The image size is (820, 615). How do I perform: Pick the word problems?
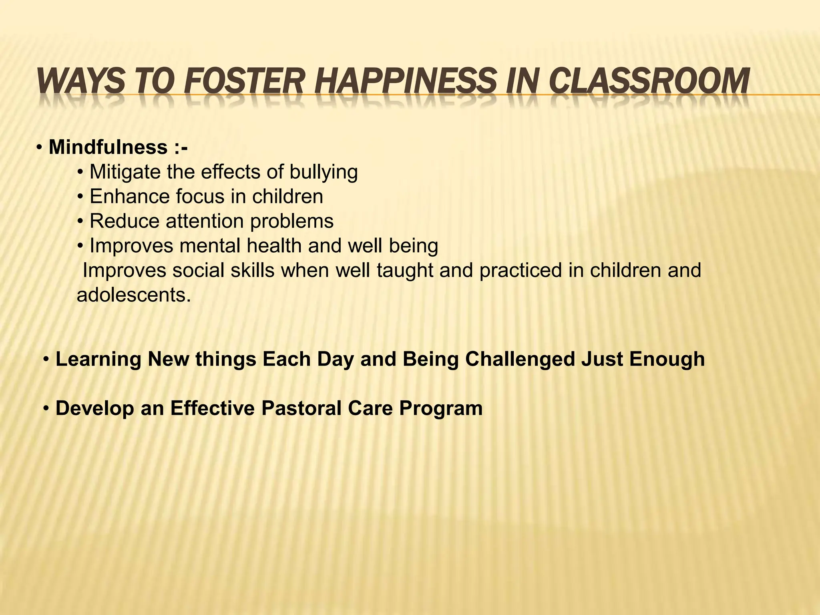(x=292, y=221)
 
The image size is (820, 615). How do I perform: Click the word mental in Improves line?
(x=210, y=246)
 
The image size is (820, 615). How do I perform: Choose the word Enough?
(x=667, y=359)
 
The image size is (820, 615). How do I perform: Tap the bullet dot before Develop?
(x=47, y=408)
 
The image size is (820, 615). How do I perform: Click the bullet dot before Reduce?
(x=80, y=221)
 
